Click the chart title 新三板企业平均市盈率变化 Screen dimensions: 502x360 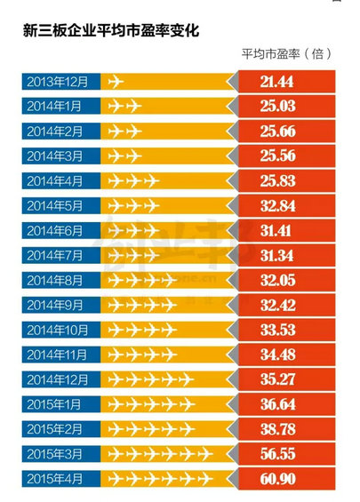(x=112, y=30)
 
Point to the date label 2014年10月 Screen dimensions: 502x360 (x=60, y=331)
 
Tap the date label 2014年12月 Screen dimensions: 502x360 (x=60, y=380)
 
